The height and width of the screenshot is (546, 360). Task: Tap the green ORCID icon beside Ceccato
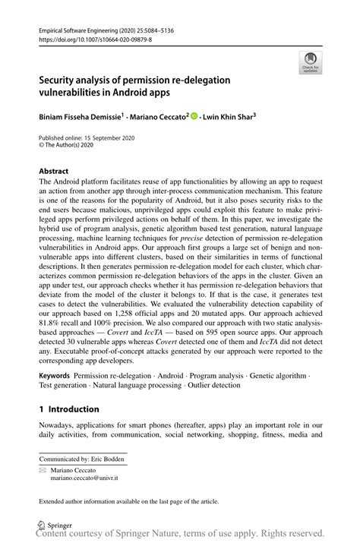[x=194, y=116]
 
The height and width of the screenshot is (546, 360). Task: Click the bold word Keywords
[x=55, y=375]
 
